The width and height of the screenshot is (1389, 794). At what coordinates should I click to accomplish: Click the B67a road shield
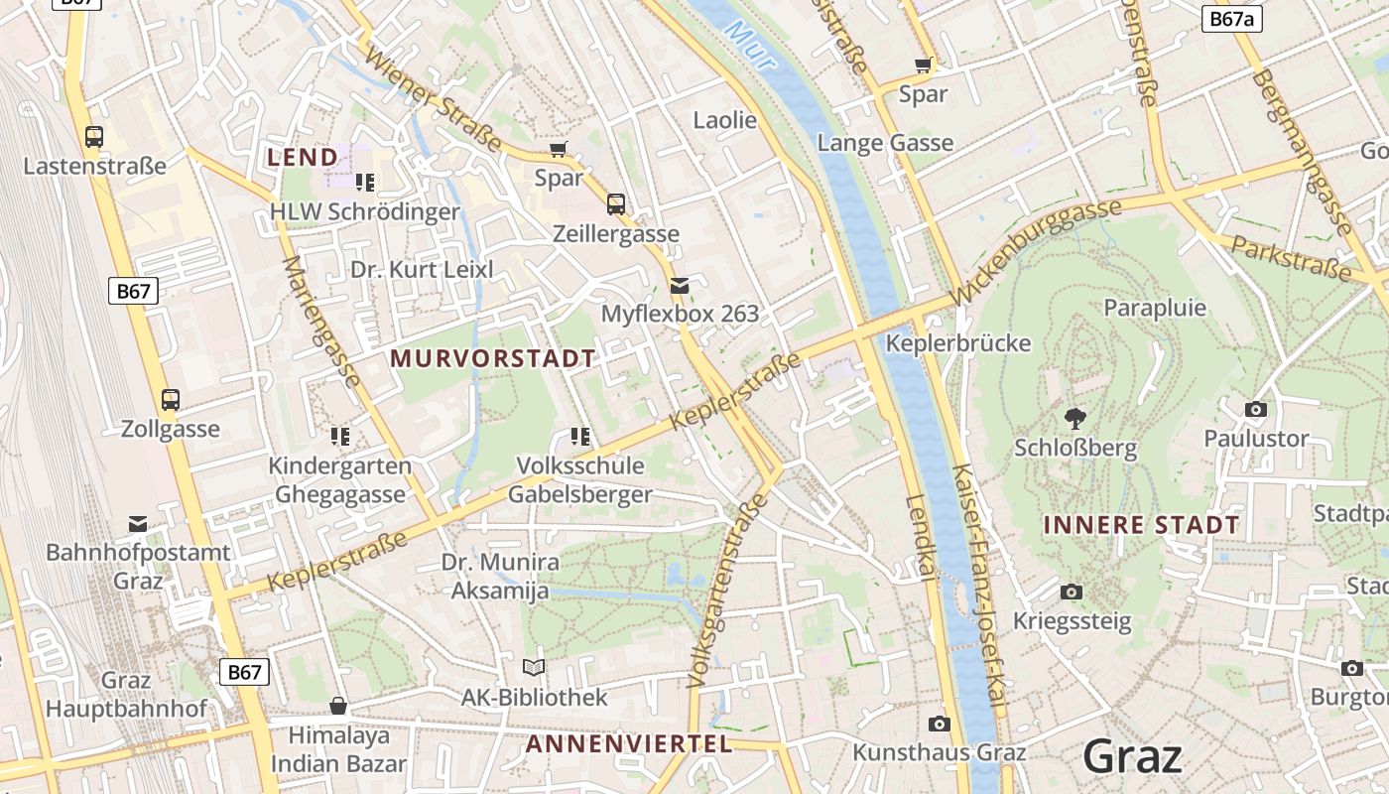click(1231, 19)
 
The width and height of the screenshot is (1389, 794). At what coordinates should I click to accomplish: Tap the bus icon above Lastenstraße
click(94, 137)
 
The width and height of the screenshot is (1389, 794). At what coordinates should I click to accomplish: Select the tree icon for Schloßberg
click(1074, 419)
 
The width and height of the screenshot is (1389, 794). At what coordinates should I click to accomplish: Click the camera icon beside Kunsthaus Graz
click(940, 724)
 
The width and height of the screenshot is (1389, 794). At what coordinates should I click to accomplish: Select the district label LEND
click(303, 157)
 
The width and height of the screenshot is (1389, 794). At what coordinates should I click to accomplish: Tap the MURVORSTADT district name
click(493, 358)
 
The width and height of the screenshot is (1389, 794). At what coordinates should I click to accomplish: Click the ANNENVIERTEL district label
click(628, 743)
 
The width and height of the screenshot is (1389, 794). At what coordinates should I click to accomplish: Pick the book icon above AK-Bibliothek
click(534, 668)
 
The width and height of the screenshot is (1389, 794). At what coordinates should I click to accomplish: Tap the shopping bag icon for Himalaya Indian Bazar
click(338, 706)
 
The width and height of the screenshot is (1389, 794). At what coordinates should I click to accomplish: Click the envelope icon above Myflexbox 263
click(680, 286)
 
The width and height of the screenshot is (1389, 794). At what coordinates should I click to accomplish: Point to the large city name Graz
click(1132, 756)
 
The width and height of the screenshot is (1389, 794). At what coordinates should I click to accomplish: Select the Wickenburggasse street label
click(1036, 252)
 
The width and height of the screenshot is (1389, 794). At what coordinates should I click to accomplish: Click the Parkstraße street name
click(1291, 257)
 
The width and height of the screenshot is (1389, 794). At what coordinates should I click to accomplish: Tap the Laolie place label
click(724, 120)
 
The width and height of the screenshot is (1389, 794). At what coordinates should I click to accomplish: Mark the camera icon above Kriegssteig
click(1072, 593)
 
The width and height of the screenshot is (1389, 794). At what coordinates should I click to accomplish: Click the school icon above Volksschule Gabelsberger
click(580, 436)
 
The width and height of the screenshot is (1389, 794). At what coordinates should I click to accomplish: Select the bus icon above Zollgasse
click(171, 400)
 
